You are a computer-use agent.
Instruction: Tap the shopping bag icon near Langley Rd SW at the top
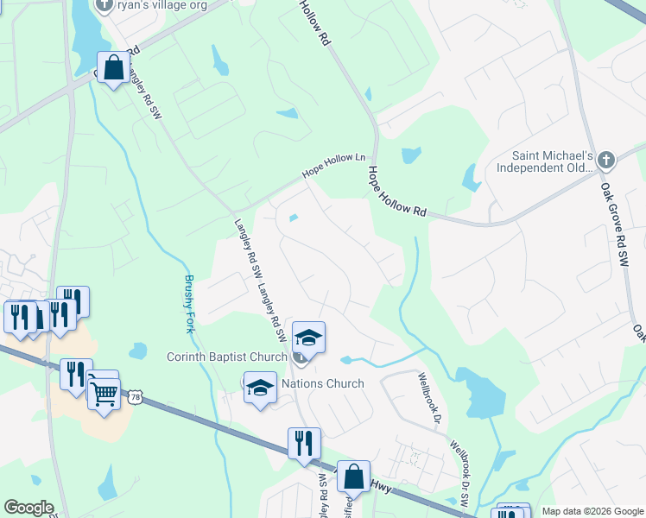113,67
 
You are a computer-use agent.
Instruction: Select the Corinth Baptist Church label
226,357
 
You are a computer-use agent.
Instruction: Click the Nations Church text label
324,383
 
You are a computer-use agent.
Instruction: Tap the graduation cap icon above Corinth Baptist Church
308,336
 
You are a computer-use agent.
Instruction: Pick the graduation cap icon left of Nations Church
259,387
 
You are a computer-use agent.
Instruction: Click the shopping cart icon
104,393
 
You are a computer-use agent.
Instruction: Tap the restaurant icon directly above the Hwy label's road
304,444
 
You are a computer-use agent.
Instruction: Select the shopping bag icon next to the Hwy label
353,476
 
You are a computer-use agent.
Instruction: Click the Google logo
28,508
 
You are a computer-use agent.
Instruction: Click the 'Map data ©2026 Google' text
592,511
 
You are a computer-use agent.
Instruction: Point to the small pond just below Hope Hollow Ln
294,218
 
